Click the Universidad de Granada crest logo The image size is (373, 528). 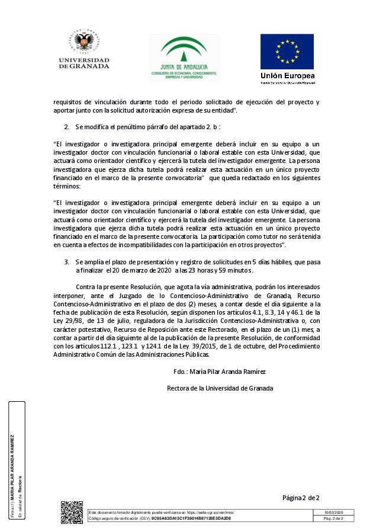pos(84,43)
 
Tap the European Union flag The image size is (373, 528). pos(287,52)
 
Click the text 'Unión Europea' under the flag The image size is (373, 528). pos(287,76)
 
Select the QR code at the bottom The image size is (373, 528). pos(72,512)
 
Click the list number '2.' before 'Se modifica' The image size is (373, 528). pos(67,127)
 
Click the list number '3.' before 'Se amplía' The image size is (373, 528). pos(67,261)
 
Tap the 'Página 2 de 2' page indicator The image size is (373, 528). pos(301,498)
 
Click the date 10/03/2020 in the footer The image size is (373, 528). pos(335,512)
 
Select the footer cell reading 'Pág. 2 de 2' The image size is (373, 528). pos(335,519)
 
